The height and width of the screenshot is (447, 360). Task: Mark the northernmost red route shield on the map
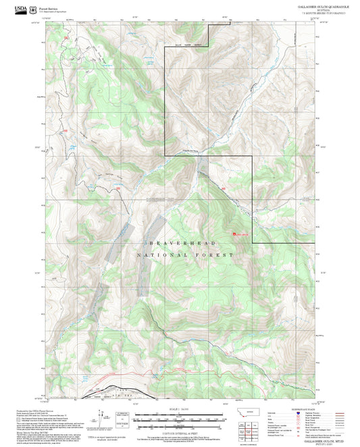tap(66, 38)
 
